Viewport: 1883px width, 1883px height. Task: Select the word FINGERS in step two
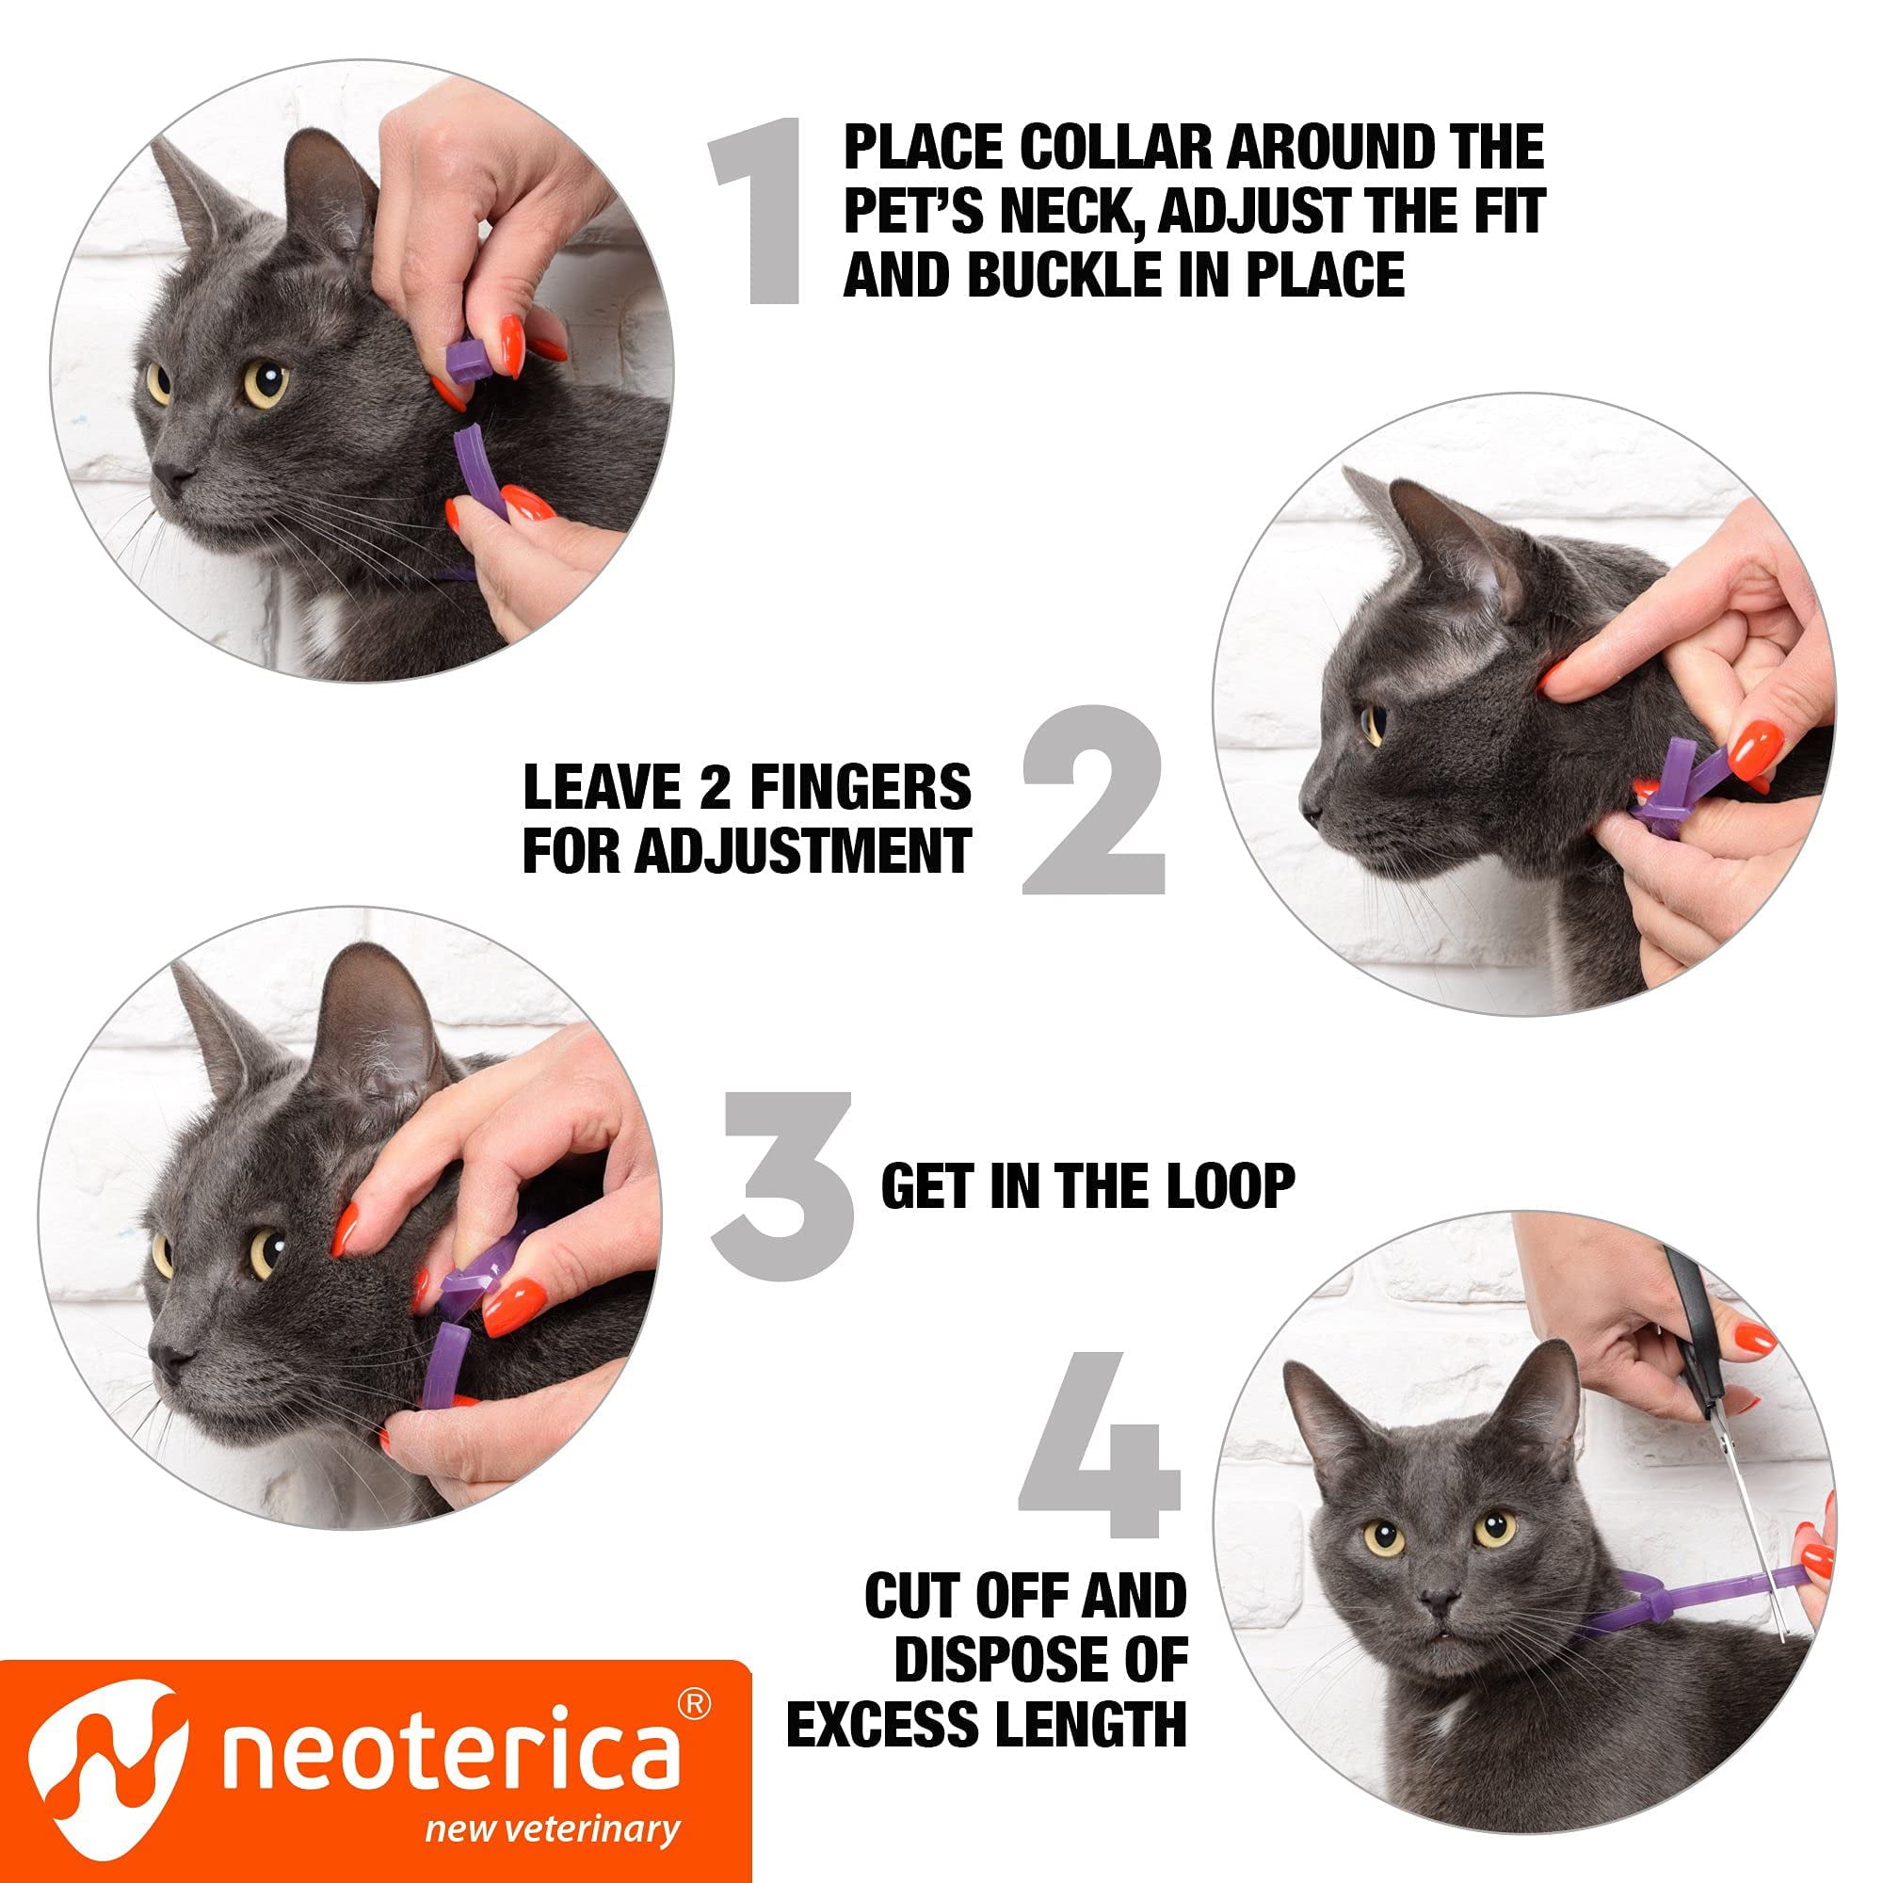(862, 787)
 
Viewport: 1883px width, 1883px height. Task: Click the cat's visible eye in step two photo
(1375, 725)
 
